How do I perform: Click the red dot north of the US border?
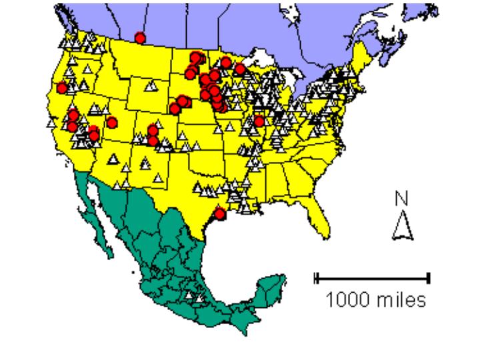139,37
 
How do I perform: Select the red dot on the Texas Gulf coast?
221,214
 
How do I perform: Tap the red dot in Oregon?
62,87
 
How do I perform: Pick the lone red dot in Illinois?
259,121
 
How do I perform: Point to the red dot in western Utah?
112,123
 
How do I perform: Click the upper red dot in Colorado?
153,130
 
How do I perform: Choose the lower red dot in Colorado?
154,140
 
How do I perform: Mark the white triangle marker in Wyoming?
151,85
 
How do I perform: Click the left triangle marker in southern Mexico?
188,295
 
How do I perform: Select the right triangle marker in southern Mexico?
198,298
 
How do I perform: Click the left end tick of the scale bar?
317,277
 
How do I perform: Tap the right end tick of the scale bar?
429,277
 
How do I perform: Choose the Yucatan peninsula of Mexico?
271,287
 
